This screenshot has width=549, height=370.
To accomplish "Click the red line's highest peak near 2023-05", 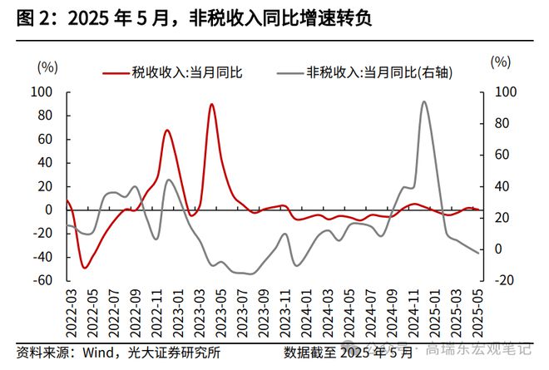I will pyautogui.click(x=211, y=105).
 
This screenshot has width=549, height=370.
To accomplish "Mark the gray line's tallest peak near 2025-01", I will pyautogui.click(x=424, y=102).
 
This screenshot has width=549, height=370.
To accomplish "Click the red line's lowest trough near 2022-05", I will pyautogui.click(x=85, y=268).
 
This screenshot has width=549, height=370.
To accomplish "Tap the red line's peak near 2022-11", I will pyautogui.click(x=167, y=131).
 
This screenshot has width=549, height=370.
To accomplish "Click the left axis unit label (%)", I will pyautogui.click(x=48, y=66).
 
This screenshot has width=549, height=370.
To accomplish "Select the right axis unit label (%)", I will pyautogui.click(x=501, y=62).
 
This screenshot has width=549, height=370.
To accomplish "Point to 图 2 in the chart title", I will pyautogui.click(x=29, y=19).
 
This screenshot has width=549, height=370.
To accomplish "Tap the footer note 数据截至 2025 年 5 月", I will pyautogui.click(x=348, y=352).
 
